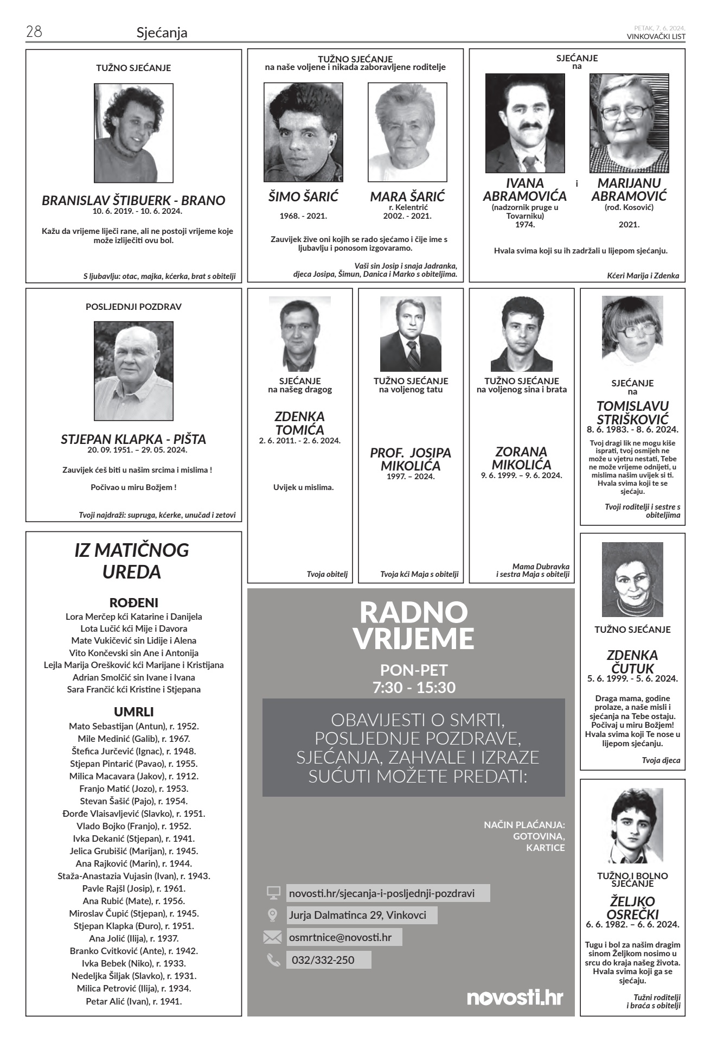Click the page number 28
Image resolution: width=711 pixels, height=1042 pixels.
point(34,32)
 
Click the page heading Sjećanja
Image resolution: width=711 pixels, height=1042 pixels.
point(162,33)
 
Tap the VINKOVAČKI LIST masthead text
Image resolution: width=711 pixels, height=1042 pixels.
point(656,37)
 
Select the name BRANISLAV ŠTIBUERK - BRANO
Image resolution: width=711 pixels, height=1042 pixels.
point(133,200)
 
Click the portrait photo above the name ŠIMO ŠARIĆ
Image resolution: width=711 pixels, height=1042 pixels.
point(303,132)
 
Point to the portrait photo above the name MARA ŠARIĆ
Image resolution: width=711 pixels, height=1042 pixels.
point(407,132)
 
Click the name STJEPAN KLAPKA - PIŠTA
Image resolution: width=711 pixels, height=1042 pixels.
point(133,439)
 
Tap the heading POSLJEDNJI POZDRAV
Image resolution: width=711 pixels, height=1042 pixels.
point(133,307)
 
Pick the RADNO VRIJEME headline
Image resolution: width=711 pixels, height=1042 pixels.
point(413,625)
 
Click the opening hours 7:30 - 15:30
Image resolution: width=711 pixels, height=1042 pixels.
point(414,688)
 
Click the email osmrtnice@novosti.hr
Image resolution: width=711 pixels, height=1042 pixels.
point(340,937)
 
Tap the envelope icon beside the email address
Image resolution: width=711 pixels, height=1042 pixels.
point(272,937)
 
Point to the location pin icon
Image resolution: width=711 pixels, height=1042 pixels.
point(273,915)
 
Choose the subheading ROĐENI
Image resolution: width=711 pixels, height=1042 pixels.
point(133,602)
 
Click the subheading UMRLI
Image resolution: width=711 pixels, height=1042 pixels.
point(133,711)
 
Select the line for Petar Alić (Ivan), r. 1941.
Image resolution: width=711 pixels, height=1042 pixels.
point(133,1001)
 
